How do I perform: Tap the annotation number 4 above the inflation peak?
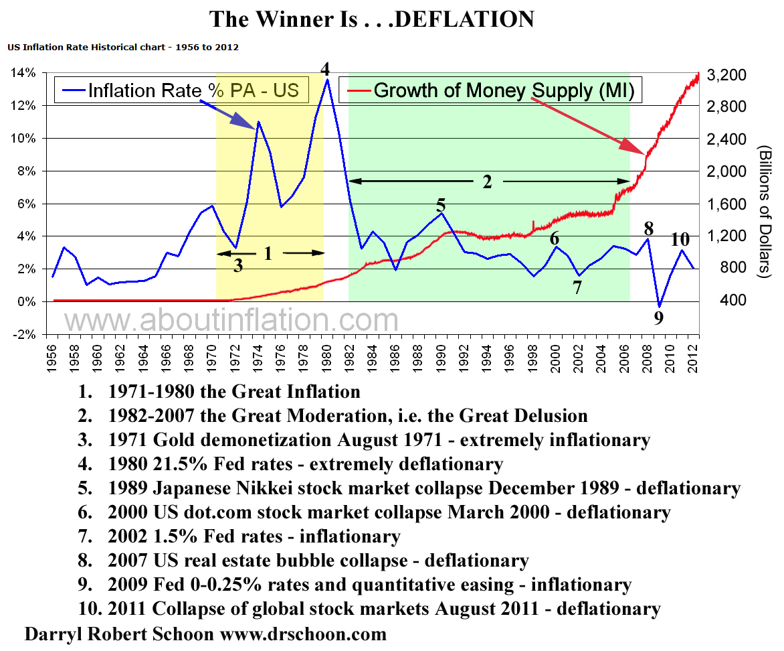pos(325,69)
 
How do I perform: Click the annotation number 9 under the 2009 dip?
pos(659,317)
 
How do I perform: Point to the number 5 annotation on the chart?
pos(440,205)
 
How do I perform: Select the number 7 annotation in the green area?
pos(577,288)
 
